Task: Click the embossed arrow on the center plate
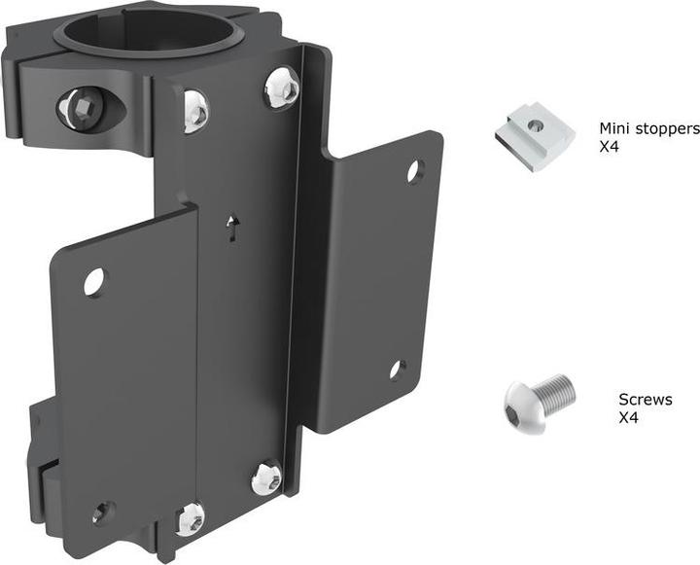231,228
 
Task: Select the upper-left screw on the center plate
194,110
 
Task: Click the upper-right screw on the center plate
281,88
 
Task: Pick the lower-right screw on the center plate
265,477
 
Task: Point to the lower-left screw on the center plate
191,517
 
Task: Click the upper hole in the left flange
94,282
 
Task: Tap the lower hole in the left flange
102,512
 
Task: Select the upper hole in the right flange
414,171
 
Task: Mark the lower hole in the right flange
398,370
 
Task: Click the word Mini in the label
613,128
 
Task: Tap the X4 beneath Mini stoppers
610,149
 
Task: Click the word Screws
645,400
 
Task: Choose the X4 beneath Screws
630,418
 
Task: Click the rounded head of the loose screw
518,402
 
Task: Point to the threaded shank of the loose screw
557,390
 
